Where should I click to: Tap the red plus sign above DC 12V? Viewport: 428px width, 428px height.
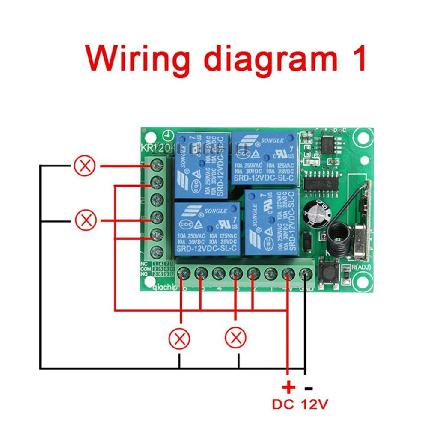(x=288, y=388)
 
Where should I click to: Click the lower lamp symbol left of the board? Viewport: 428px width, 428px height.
(x=86, y=220)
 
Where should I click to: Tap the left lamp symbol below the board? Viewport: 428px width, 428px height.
(x=179, y=338)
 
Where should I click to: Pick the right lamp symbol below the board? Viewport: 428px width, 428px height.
(x=235, y=338)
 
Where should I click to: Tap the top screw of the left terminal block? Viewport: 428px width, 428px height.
(x=157, y=164)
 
